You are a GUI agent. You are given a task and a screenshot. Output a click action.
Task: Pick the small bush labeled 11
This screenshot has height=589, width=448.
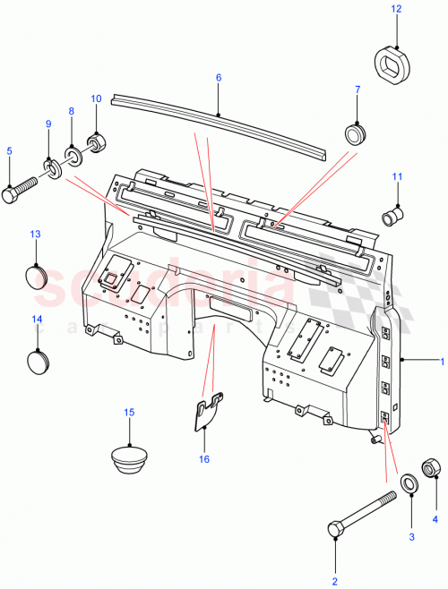click(x=391, y=216)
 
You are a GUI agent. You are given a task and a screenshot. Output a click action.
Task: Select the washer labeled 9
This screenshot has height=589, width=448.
click(x=52, y=167)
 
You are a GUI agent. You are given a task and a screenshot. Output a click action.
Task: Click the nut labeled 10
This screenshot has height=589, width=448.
click(x=95, y=141)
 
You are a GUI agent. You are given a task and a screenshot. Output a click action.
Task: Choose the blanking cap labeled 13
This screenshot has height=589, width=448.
click(x=36, y=275)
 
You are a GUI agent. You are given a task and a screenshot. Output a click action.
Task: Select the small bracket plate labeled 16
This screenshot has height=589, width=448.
click(x=207, y=411)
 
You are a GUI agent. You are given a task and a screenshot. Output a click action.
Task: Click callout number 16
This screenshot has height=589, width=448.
click(x=205, y=459)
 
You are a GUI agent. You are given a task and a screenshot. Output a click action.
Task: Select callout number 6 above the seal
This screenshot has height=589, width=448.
click(x=218, y=78)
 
